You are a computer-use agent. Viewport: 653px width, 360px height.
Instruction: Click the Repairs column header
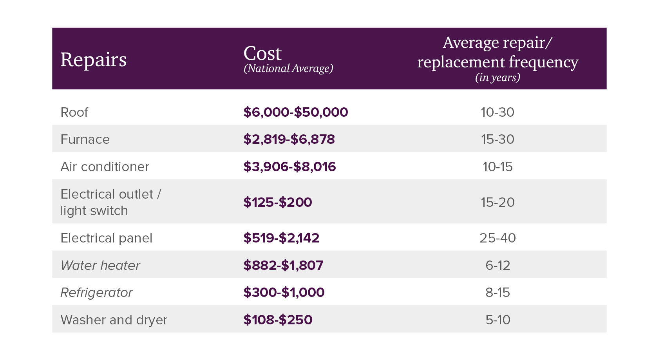click(x=93, y=60)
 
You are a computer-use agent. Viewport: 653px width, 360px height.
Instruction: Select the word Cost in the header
click(x=262, y=54)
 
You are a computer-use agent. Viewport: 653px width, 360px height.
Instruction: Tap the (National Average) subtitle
click(x=288, y=69)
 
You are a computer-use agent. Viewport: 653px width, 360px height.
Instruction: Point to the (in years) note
click(x=497, y=78)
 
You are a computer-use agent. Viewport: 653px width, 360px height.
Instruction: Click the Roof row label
click(x=74, y=112)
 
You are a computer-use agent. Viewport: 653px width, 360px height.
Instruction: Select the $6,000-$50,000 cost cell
click(x=295, y=112)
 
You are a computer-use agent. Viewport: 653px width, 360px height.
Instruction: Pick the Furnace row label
click(x=85, y=139)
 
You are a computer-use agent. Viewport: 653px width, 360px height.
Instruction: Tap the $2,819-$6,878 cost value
click(x=289, y=139)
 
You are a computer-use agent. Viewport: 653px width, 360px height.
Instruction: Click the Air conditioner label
click(x=105, y=167)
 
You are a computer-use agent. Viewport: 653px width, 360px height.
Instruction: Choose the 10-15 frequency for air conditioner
click(x=497, y=167)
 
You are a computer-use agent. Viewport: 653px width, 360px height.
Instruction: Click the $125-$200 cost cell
click(x=277, y=203)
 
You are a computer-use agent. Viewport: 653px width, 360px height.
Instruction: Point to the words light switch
click(x=94, y=211)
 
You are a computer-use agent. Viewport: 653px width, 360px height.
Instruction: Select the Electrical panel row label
click(x=106, y=238)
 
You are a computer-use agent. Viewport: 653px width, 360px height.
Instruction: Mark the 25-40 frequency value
click(x=497, y=238)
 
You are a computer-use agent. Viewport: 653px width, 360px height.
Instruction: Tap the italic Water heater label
click(x=100, y=266)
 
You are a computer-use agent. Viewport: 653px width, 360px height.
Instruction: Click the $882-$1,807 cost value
click(x=283, y=266)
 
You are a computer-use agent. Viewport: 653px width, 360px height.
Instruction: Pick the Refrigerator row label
click(x=96, y=293)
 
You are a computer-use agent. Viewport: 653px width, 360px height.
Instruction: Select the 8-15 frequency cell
click(x=497, y=293)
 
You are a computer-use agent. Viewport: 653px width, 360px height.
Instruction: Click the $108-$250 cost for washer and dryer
click(x=278, y=320)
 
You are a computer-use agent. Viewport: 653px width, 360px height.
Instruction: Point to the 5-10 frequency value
click(x=497, y=320)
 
